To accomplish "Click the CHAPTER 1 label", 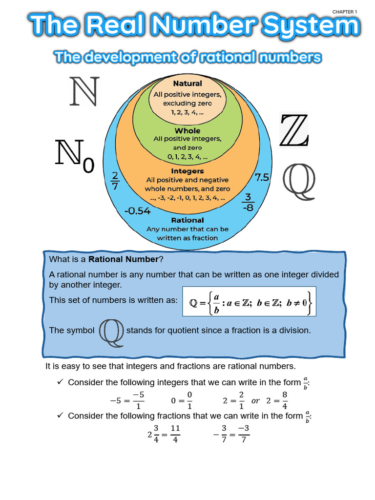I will point(345,11).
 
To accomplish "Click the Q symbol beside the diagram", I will point(299,179).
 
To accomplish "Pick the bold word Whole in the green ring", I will point(187,130).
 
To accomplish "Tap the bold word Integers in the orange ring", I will point(187,171).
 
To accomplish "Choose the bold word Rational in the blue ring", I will point(187,220).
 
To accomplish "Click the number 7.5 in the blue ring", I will point(262,178).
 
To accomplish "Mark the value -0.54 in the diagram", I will point(137,211).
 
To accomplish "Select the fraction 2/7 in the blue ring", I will point(115,180).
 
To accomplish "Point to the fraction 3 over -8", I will point(248,202).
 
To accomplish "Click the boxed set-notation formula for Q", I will point(249,301).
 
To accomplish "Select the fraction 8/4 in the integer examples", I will point(285,399).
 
